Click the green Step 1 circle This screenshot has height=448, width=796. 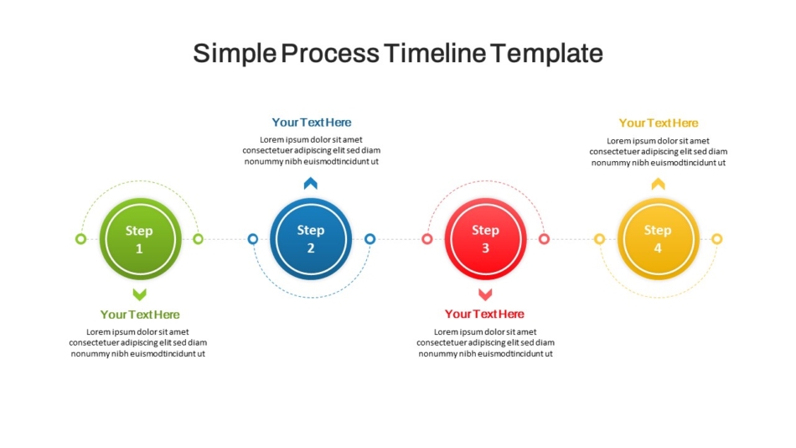[140, 239]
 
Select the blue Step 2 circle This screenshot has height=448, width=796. [311, 239]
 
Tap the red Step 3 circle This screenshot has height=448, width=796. [485, 239]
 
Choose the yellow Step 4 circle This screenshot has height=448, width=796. [658, 239]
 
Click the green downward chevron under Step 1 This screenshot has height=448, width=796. [140, 294]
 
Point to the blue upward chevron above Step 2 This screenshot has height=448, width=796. [311, 183]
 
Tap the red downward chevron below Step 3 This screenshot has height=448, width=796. [485, 294]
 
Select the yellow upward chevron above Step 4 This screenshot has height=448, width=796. [659, 184]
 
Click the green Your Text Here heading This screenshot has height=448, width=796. [140, 315]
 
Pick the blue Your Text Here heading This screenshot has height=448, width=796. [311, 122]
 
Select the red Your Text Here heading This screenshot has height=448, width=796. [485, 315]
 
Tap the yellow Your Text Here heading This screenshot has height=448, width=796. [659, 123]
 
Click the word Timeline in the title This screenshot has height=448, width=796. [435, 53]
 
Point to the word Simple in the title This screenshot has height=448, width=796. [235, 54]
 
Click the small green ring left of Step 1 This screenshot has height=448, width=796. [80, 239]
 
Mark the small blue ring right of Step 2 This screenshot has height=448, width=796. [370, 239]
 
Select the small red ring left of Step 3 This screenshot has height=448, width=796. [427, 239]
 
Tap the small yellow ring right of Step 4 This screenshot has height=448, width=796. [716, 239]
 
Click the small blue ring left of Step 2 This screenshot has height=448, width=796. [253, 239]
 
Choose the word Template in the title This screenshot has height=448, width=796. [547, 54]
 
